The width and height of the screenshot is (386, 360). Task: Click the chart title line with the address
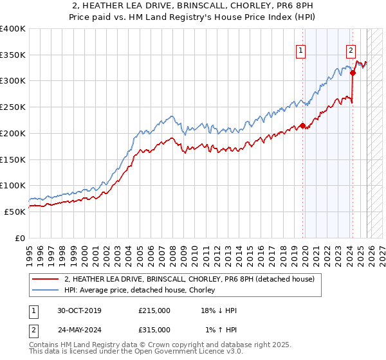click(193, 6)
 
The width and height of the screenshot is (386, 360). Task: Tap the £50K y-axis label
click(15, 212)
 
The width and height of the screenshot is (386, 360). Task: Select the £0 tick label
click(21, 238)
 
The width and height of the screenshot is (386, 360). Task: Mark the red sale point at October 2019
click(303, 126)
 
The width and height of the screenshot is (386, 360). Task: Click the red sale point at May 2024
click(353, 73)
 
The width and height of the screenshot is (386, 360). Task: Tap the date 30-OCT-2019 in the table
click(75, 310)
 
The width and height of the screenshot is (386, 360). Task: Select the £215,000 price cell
click(154, 310)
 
